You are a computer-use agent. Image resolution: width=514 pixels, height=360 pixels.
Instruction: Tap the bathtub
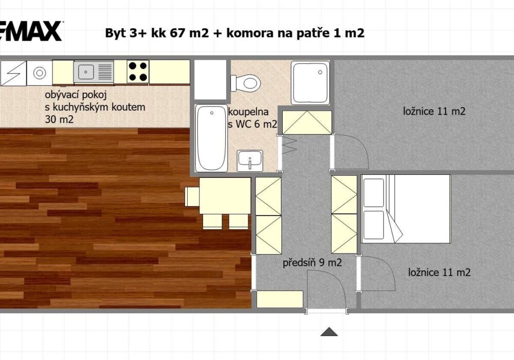211,138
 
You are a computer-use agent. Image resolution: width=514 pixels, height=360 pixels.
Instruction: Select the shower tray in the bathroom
310,83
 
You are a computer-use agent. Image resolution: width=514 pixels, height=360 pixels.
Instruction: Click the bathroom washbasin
250,160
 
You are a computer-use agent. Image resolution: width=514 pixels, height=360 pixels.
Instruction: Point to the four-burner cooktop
138,71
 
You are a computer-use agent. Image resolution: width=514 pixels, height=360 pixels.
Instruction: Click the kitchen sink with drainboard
94,71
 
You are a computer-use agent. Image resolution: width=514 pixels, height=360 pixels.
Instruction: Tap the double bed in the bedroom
406,209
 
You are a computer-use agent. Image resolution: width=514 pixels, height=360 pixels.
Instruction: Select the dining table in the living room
225,196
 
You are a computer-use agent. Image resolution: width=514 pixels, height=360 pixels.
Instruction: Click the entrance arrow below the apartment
329,332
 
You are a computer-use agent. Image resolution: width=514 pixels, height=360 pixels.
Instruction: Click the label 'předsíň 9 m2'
312,263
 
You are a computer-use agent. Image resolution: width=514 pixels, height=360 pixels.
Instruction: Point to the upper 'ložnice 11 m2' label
434,112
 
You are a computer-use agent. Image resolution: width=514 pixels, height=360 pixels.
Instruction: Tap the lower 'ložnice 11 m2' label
439,273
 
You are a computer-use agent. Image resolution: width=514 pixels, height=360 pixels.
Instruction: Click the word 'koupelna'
248,112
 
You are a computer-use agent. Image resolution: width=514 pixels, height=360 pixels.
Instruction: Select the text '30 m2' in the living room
59,119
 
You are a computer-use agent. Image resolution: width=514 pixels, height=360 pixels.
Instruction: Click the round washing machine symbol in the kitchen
40,73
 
